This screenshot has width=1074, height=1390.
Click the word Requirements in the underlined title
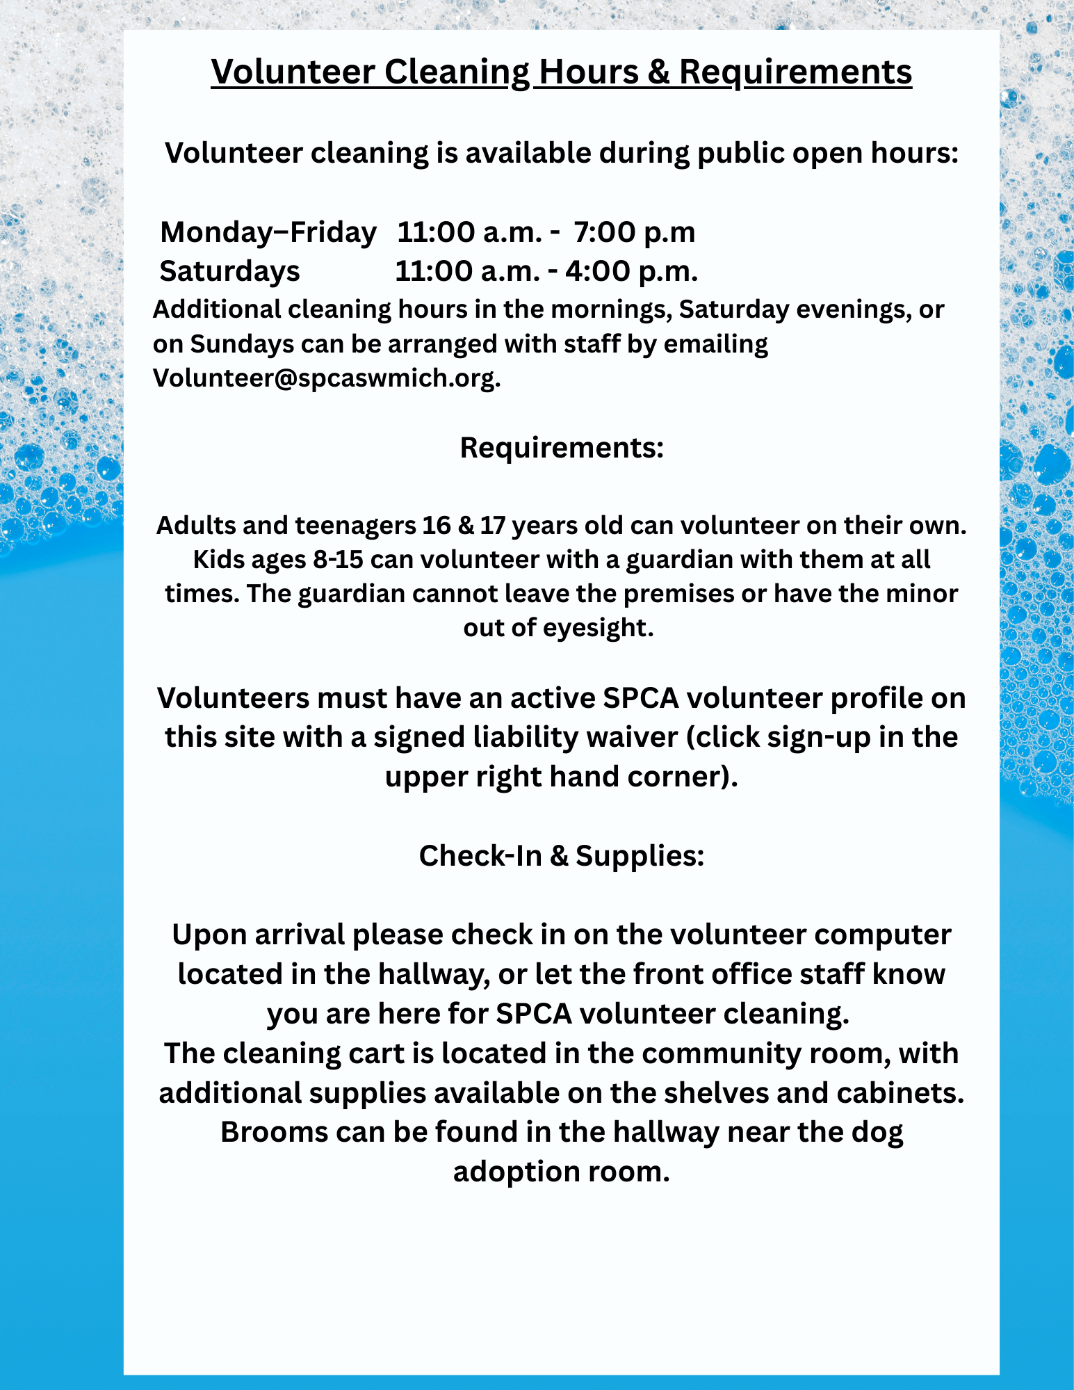click(795, 72)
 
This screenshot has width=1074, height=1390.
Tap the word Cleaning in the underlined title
click(457, 72)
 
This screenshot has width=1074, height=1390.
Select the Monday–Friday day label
click(268, 232)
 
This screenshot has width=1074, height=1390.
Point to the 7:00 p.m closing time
click(635, 232)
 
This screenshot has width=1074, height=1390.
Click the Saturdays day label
click(229, 271)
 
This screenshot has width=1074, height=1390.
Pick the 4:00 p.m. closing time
click(631, 271)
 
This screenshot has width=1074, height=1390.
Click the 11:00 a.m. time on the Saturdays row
click(467, 271)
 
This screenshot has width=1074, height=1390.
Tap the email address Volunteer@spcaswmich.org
click(326, 378)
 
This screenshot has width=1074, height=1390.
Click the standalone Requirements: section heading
click(562, 448)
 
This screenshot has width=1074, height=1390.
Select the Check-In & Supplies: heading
click(562, 856)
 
